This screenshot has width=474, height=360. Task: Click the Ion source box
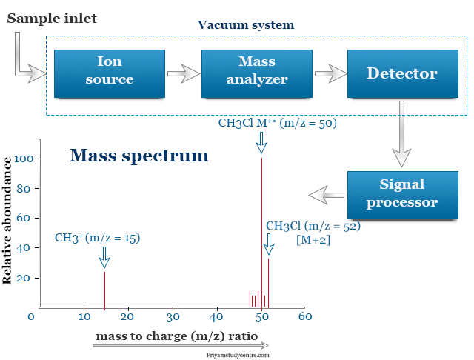click(109, 73)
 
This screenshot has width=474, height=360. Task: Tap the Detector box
click(402, 73)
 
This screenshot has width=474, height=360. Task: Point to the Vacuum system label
click(245, 25)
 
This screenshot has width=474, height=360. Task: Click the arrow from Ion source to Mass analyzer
click(183, 73)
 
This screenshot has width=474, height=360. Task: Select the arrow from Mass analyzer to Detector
click(330, 73)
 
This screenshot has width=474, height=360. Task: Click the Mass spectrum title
click(138, 156)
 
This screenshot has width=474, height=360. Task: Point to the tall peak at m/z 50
click(261, 230)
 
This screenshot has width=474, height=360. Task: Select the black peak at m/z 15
click(104, 289)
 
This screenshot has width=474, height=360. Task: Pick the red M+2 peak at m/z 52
click(268, 281)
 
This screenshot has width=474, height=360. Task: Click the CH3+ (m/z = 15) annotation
click(97, 238)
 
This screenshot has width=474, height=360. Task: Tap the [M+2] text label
click(313, 241)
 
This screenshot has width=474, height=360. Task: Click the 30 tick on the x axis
click(173, 317)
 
